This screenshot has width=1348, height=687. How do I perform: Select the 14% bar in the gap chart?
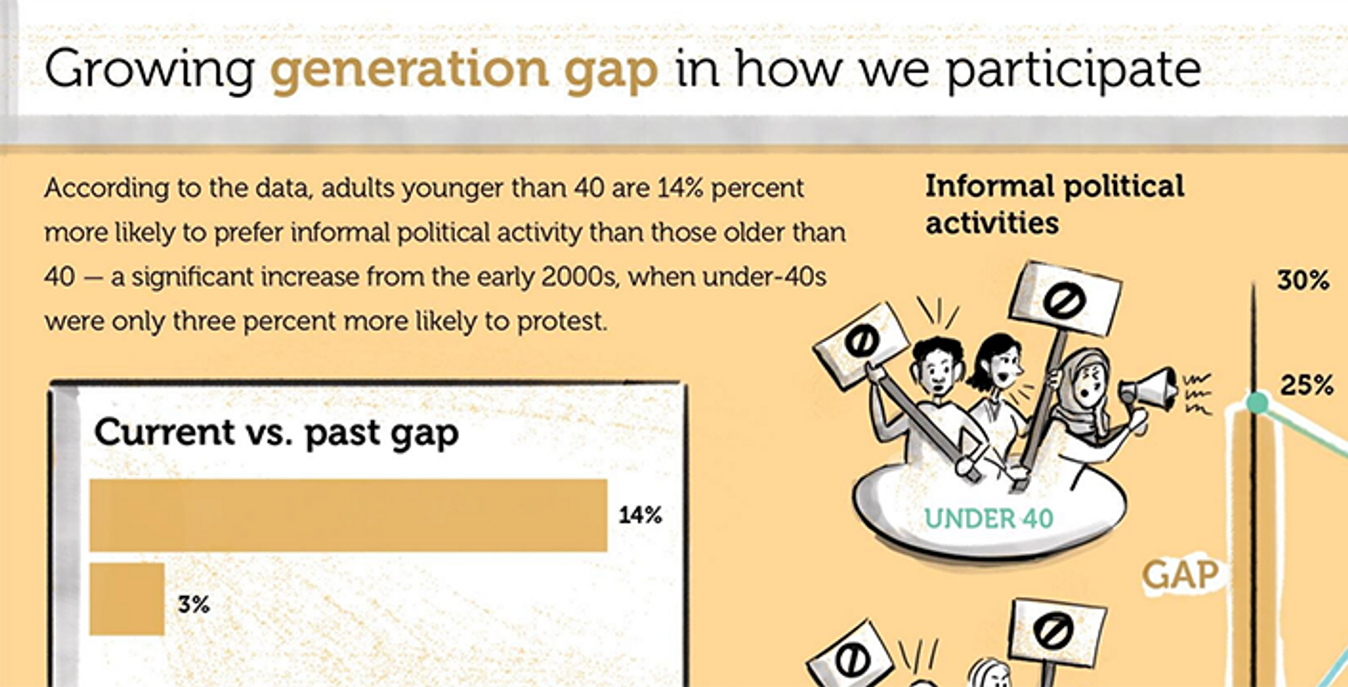pos(348,515)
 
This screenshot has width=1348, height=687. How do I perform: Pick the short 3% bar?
pos(127,599)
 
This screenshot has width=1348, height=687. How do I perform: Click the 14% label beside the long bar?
pos(640,515)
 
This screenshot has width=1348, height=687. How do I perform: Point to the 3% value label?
pos(193,604)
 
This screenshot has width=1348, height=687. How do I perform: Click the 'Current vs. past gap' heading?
pos(276,433)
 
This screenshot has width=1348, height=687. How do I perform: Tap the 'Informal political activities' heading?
pos(1054,204)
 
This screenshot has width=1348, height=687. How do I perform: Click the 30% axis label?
pos(1304,280)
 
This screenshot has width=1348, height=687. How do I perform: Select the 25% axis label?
pos(1306,385)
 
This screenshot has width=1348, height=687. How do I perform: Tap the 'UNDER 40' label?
pos(989,519)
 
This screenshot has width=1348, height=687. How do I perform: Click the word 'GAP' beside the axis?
pos(1181,576)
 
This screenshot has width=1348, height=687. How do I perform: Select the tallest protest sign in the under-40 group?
pos(1065,299)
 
